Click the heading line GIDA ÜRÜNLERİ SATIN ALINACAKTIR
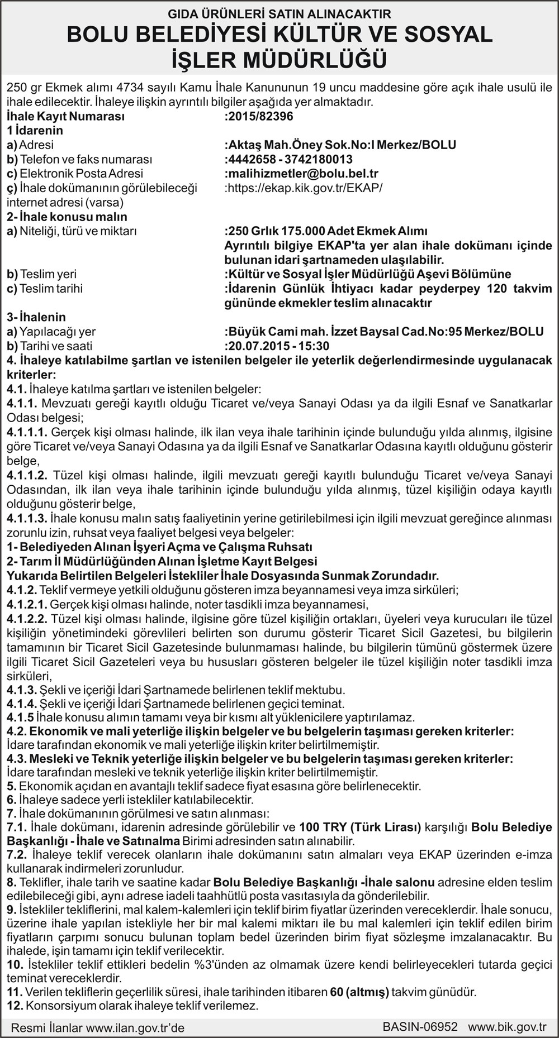tap(279, 14)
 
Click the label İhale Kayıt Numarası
tap(66, 116)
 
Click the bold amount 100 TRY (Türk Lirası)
tap(360, 827)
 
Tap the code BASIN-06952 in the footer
tap(420, 1027)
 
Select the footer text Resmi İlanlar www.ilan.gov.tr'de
tap(98, 1027)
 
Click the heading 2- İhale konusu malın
tap(67, 217)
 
